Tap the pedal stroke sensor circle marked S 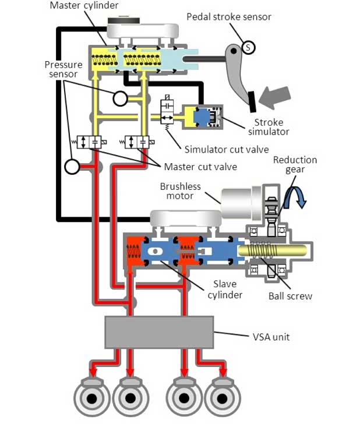coord(248,48)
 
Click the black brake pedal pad coord(252,102)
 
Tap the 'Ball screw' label coord(290,296)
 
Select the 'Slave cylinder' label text coord(224,290)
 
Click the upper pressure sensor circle coord(120,98)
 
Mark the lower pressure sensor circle coord(72,167)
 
